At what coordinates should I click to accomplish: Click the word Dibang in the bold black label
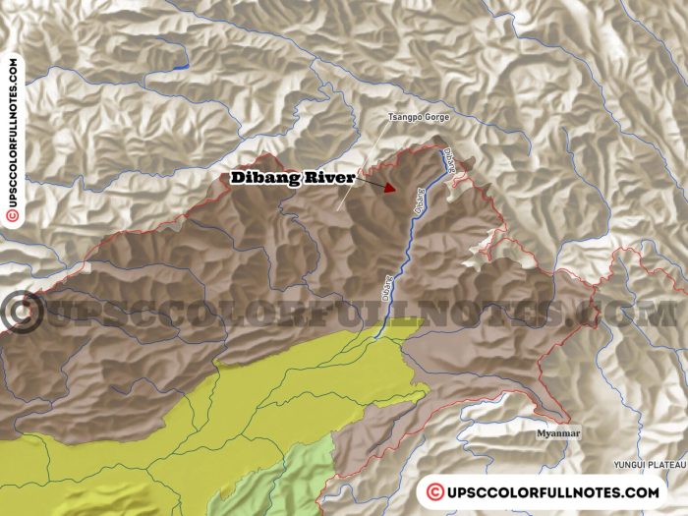(264, 178)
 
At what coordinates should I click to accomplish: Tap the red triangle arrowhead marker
(390, 187)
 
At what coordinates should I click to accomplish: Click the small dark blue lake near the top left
(180, 67)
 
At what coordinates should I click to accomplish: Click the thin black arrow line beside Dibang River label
(369, 180)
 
